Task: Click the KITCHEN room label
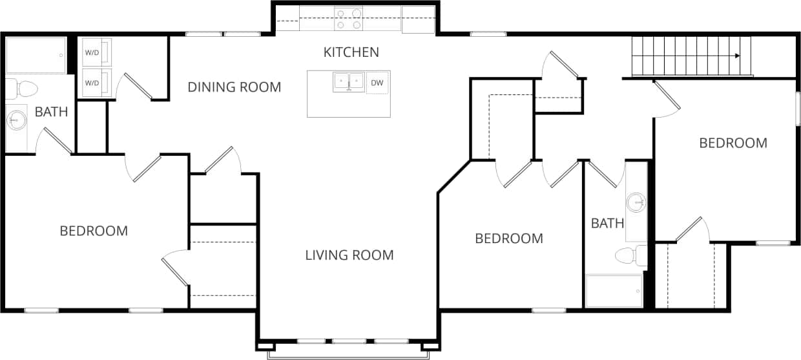(x=351, y=52)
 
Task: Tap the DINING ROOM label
(x=234, y=87)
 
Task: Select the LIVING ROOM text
(x=349, y=255)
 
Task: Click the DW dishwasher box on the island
(x=377, y=83)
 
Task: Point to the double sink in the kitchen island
(x=349, y=82)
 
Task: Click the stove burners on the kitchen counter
(x=348, y=19)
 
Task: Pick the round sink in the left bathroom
(x=17, y=120)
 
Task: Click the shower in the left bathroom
(x=36, y=56)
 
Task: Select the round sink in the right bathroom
(x=637, y=202)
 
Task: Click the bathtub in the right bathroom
(x=614, y=290)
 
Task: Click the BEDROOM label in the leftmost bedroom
(x=94, y=231)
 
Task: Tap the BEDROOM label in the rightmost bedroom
(x=733, y=143)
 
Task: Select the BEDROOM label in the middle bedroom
(x=509, y=238)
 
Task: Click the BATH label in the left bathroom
(x=51, y=112)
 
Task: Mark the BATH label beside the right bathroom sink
(x=608, y=224)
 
